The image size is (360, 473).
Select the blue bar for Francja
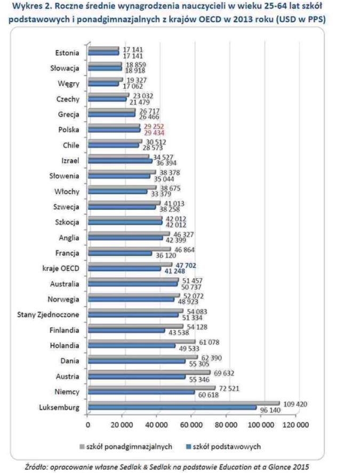point(120,255)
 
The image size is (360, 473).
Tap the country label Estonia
point(67,53)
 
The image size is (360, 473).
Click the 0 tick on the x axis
point(88,425)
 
